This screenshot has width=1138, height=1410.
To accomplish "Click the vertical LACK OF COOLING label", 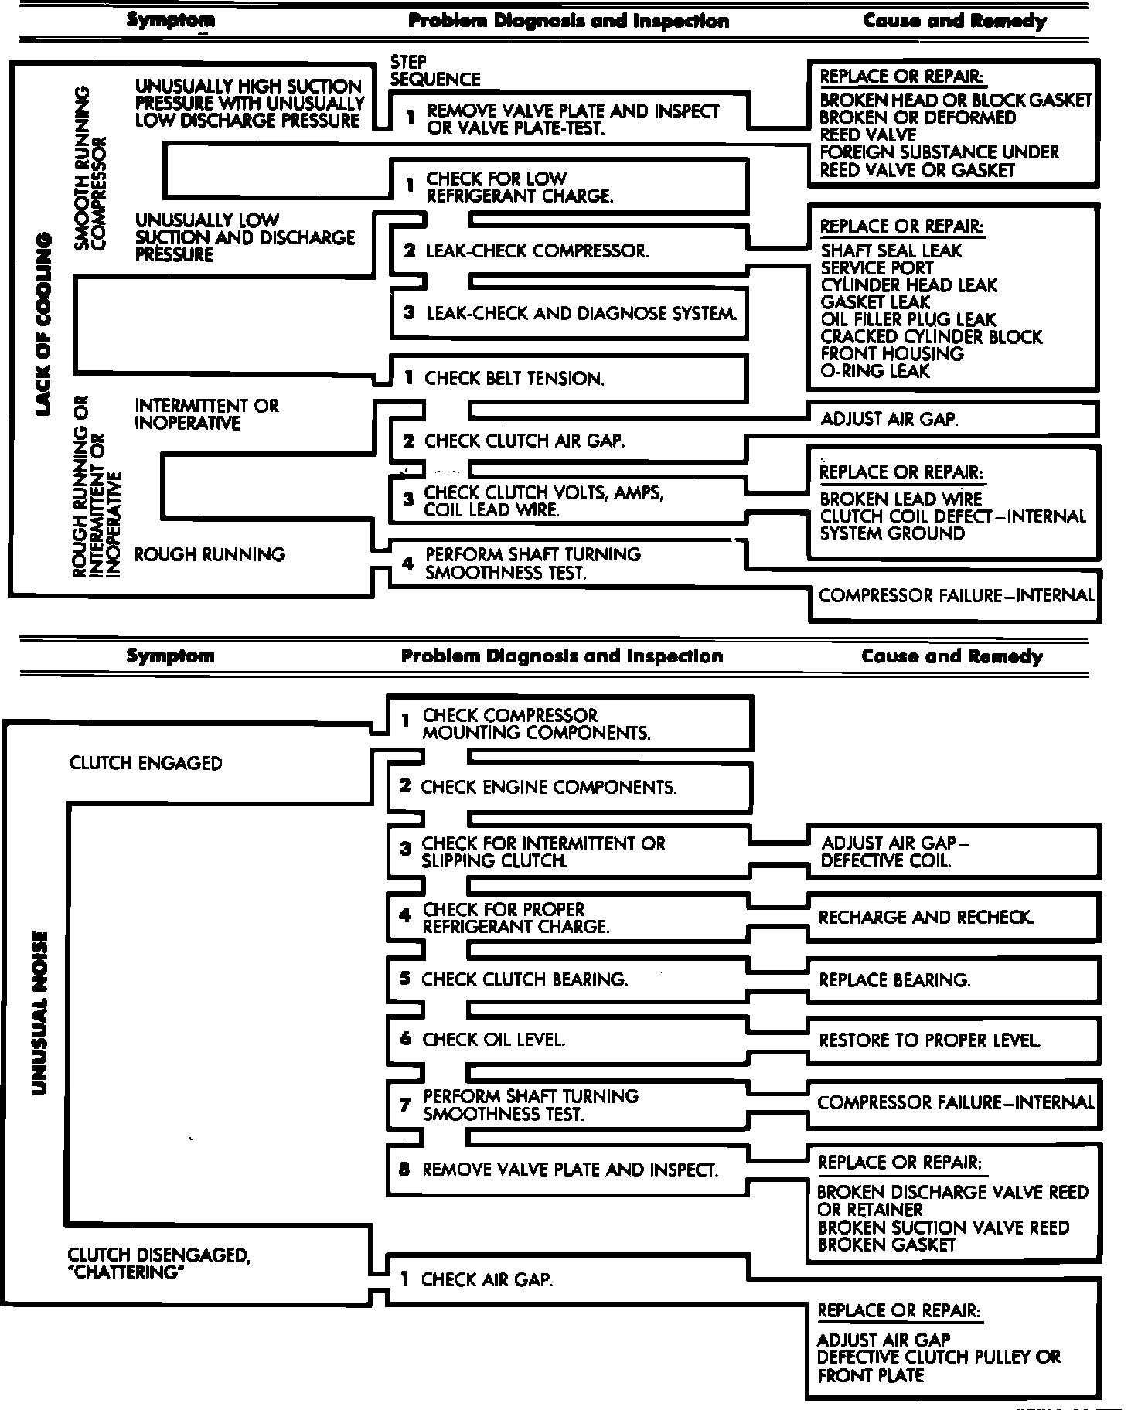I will pos(43,325).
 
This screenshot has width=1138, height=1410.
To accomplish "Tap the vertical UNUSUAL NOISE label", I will pos(39,1013).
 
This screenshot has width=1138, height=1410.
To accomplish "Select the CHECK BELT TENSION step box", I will pos(514,379).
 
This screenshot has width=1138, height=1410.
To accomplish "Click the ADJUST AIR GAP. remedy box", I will pos(889,420).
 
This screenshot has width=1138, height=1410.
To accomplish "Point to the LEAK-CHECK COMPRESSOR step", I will pos(537,251).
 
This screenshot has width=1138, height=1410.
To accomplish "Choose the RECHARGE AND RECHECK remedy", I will pos(925,918).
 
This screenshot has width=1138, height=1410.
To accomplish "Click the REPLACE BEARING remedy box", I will pos(894,980).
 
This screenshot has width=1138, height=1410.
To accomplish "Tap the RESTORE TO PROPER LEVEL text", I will pos(929,1040).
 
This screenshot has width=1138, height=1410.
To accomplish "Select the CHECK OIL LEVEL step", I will pos(493,1040).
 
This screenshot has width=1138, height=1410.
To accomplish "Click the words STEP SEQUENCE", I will pos(434,71).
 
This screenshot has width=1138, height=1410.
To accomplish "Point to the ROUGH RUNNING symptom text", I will pos(210,554).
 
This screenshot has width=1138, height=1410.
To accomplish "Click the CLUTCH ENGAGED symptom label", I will pos(145,763).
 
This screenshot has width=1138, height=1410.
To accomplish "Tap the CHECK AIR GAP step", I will pos(487,1280).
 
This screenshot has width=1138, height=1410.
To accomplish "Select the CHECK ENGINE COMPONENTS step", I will pos(548,788).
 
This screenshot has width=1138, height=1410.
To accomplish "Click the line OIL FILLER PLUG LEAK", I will pos(908,320).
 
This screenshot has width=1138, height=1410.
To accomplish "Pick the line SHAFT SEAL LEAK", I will pos(891,251).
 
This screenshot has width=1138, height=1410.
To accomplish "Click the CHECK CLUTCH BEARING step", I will pos(524,979).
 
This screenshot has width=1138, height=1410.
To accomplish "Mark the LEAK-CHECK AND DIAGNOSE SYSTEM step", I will pos(581,314).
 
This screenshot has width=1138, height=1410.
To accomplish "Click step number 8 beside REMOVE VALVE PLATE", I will pos(404,1169).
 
